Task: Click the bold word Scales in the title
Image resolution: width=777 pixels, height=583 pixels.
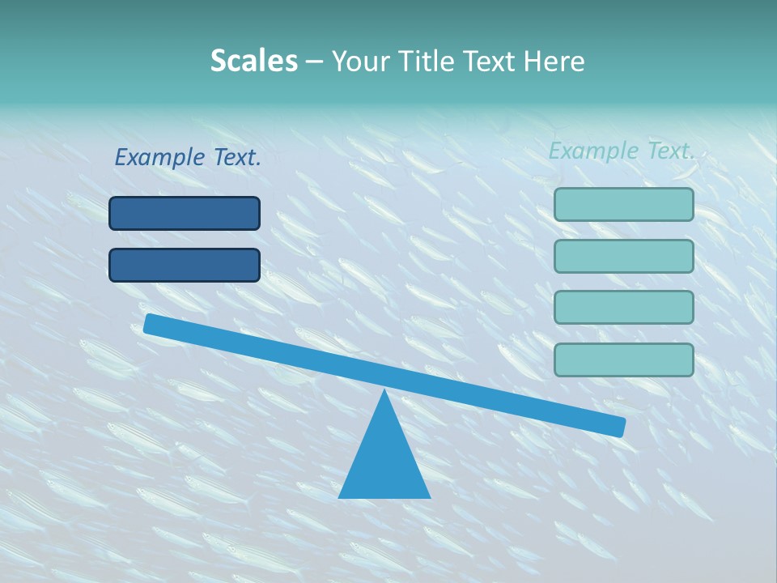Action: click(x=253, y=61)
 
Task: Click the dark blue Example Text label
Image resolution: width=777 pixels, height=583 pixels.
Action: click(x=188, y=157)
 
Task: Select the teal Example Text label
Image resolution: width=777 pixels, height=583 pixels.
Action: click(x=622, y=151)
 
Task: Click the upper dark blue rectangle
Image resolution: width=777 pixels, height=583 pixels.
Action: click(x=185, y=213)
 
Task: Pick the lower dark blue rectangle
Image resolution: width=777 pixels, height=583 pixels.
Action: click(x=185, y=265)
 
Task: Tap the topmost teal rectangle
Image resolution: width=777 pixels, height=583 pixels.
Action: click(x=623, y=204)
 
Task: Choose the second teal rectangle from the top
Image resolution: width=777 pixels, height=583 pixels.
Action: click(x=623, y=256)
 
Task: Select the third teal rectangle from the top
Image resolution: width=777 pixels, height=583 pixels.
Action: click(x=623, y=308)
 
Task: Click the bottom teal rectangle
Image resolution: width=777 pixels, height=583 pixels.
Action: click(x=623, y=360)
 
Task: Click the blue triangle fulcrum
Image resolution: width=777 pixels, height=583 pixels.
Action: click(x=384, y=462)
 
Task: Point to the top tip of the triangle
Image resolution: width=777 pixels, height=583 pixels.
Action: click(x=384, y=391)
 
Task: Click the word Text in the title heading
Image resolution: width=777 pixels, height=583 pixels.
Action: click(x=482, y=61)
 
